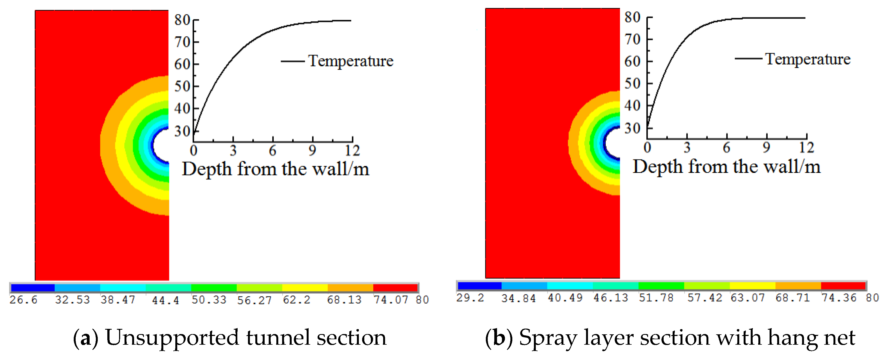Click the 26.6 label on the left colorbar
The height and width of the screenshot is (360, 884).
pyautogui.click(x=23, y=300)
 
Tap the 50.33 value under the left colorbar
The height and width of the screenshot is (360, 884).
pyautogui.click(x=209, y=300)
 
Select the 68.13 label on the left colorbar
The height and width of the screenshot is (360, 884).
pyautogui.click(x=344, y=300)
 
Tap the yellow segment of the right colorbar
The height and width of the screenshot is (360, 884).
pyautogui.click(x=752, y=285)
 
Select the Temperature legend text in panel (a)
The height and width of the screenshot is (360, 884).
pyautogui.click(x=351, y=61)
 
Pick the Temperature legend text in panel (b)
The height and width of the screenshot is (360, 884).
pyautogui.click(x=808, y=59)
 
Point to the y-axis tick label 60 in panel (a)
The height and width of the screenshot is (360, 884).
pyautogui.click(x=182, y=64)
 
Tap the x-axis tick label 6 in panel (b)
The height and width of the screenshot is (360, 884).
pyautogui.click(x=726, y=147)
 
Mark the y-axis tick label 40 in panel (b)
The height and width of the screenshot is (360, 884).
pyautogui.click(x=632, y=106)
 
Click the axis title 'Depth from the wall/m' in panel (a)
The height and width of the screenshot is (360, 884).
pyautogui.click(x=276, y=169)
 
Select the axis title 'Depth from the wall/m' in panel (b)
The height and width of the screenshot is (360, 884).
pyautogui.click(x=726, y=167)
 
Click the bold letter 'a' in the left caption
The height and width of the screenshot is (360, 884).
pyautogui.click(x=85, y=338)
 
